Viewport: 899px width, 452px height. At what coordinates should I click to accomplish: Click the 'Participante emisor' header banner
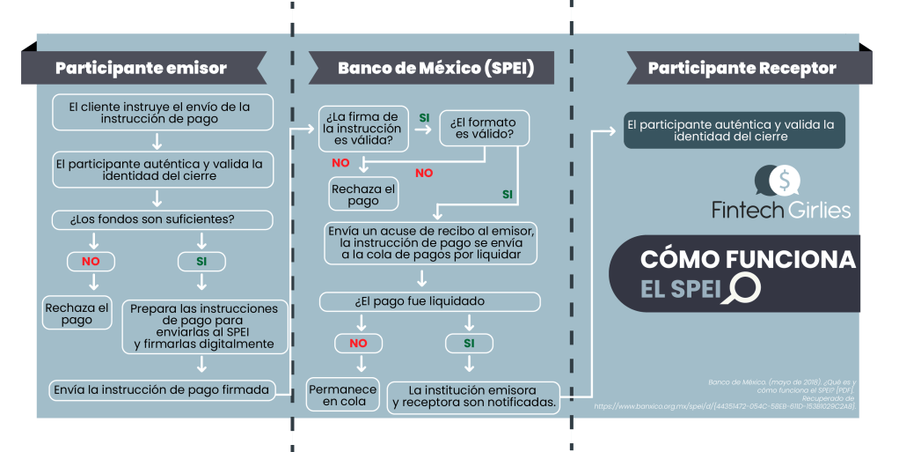pyautogui.click(x=141, y=68)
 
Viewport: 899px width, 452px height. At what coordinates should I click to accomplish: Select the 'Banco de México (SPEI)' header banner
pyautogui.click(x=435, y=68)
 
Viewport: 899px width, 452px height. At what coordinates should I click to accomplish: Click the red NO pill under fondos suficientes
pyautogui.click(x=91, y=262)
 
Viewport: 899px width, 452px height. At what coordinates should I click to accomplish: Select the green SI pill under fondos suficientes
pyautogui.click(x=201, y=262)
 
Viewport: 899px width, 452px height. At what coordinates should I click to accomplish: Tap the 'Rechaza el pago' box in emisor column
pyautogui.click(x=77, y=313)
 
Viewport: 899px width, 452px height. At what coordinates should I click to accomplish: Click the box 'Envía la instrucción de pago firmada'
pyautogui.click(x=161, y=389)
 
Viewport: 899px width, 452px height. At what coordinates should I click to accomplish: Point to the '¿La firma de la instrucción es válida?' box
pyautogui.click(x=362, y=129)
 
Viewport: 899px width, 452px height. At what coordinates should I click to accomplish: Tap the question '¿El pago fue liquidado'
pyautogui.click(x=429, y=301)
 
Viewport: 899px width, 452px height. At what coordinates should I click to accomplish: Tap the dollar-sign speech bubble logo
pyautogui.click(x=778, y=181)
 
